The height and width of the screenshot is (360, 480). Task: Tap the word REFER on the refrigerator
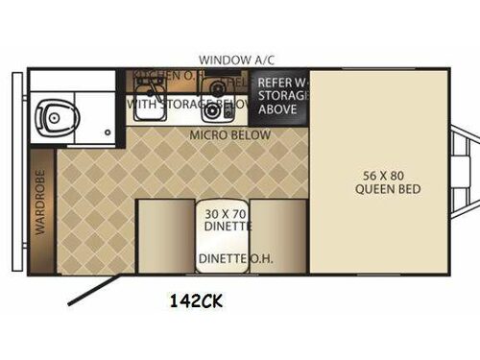(x=272, y=82)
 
